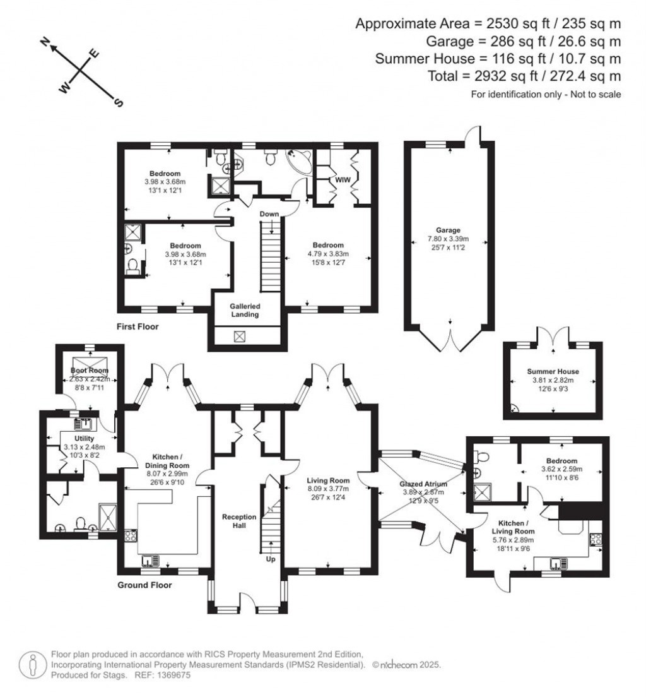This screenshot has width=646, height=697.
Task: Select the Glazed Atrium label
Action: click(x=423, y=484)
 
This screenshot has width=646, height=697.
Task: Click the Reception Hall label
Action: click(x=239, y=521)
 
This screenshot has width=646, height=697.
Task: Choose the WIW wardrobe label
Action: click(x=343, y=180)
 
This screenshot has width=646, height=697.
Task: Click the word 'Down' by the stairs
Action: click(x=269, y=215)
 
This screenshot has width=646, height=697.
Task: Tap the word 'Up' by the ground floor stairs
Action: click(x=270, y=559)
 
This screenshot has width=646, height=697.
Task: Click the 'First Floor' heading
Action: click(x=138, y=327)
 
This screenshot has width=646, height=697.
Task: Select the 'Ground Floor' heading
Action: click(x=144, y=585)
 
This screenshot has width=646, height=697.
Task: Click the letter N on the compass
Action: click(x=45, y=42)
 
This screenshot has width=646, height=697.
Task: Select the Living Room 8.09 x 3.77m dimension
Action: click(x=327, y=488)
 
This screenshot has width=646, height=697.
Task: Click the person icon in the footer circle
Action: click(x=32, y=665)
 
